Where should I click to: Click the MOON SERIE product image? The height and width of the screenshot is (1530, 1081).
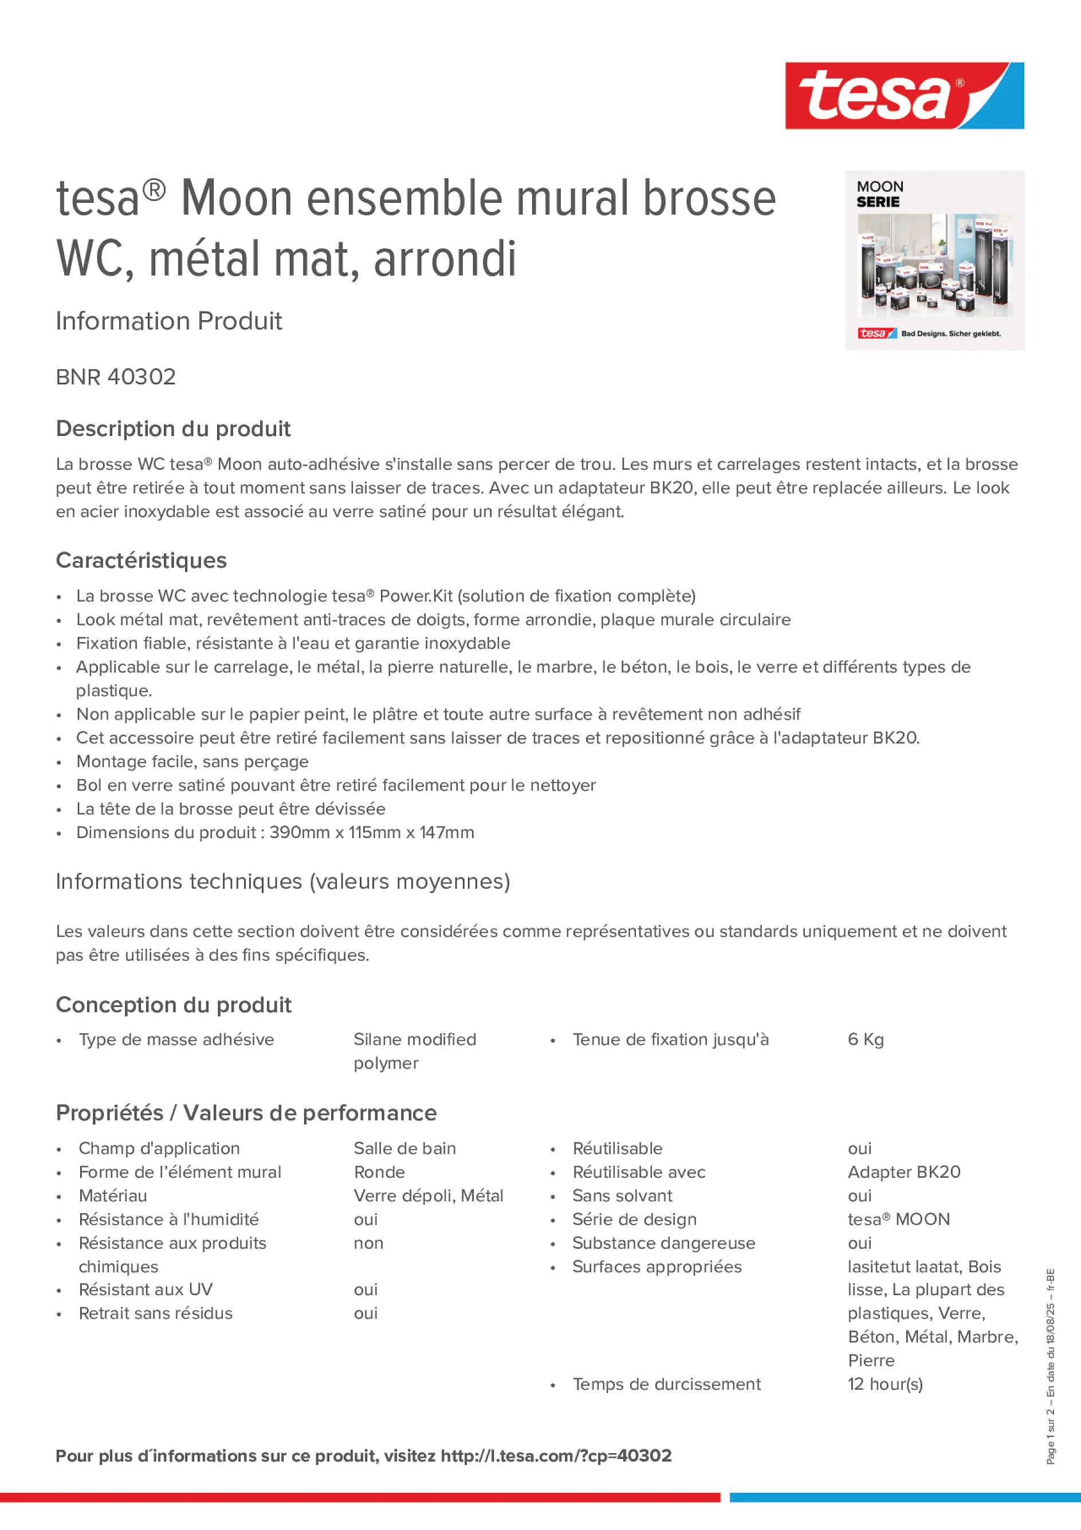pos(934,261)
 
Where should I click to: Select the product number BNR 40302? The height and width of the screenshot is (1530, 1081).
pos(116,377)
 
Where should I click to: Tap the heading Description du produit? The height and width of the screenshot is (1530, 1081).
pos(173,428)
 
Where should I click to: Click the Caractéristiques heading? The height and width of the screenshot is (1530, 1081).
pos(141,560)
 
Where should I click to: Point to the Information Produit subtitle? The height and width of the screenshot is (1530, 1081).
pos(168,321)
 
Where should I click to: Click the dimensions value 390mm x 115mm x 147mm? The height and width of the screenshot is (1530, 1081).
pos(371,832)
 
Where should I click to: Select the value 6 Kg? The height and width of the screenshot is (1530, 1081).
pos(865,1040)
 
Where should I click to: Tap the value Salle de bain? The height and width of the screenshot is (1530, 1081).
pos(404,1148)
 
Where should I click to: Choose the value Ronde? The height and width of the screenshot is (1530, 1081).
pos(379,1172)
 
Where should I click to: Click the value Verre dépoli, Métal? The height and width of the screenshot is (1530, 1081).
pos(428,1195)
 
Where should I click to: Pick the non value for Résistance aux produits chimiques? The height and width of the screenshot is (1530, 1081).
pos(368,1243)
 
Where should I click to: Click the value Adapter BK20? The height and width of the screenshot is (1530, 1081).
pos(904,1172)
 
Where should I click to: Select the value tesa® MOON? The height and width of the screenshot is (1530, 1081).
pos(898,1220)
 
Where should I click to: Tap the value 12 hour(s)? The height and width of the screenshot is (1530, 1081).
pos(885,1384)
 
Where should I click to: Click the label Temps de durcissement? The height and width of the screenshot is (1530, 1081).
pos(666,1384)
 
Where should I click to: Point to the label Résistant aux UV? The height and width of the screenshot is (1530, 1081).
pos(146,1289)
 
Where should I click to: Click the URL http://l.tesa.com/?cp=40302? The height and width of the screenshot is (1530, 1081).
pos(556,1456)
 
